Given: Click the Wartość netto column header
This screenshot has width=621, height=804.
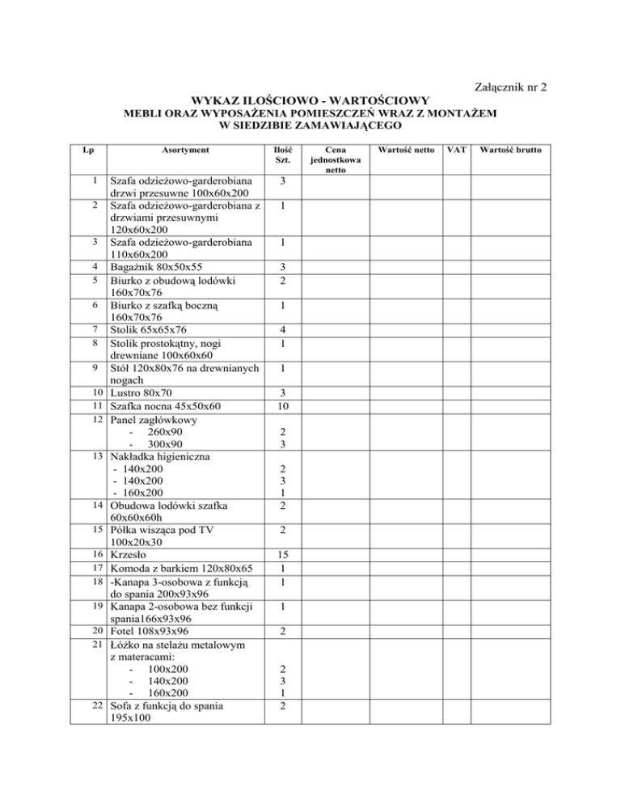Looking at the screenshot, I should (402, 150).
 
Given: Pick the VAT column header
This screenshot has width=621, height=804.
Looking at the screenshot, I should (458, 150).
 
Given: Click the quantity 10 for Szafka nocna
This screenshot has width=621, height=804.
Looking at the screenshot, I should (283, 406).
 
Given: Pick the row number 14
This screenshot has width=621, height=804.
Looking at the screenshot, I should (97, 506).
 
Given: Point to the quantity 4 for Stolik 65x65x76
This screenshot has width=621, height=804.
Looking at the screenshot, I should (283, 329).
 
